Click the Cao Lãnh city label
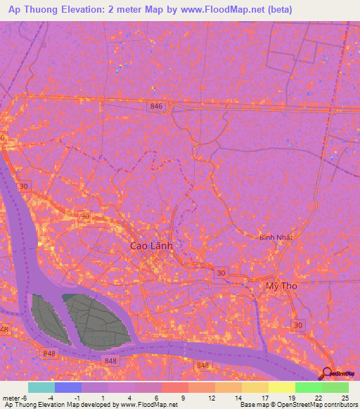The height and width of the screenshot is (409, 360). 151,247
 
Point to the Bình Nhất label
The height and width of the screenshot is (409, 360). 276,238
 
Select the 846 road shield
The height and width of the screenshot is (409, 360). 156,105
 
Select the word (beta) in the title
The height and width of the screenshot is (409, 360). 278,10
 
